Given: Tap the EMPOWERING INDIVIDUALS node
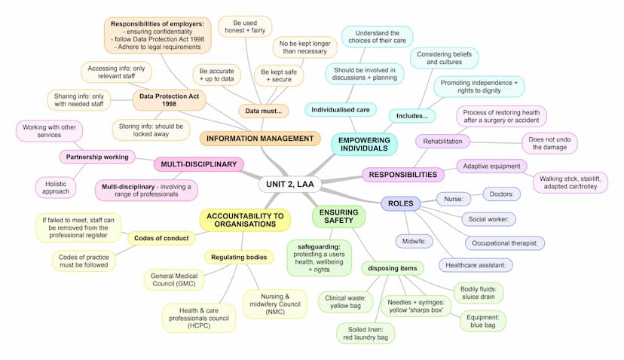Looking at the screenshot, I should tap(363, 144).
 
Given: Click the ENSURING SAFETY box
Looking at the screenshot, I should tap(338, 217).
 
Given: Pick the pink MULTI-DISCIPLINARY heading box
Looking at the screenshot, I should tap(198, 164).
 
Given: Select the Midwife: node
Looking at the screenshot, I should tap(413, 241).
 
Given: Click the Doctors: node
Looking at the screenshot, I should tap(501, 194).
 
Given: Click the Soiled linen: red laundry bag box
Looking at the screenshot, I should tap(366, 333).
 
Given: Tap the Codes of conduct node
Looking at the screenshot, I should tap(160, 238).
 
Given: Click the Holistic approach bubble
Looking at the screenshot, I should tap(56, 186).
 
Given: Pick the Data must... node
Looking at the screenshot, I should tap(263, 111).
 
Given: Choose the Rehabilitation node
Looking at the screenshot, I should tap(443, 141).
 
